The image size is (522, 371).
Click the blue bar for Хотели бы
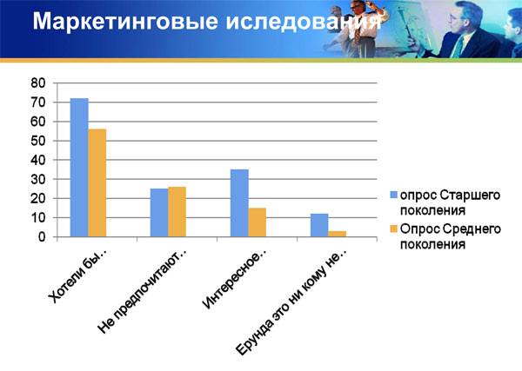tap(79, 168)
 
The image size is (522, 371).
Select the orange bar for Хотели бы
tap(97, 182)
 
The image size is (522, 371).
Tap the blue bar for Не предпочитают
tap(159, 213)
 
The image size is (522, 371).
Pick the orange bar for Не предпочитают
tap(177, 212)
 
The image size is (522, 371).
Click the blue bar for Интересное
tap(239, 203)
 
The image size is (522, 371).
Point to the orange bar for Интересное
tap(258, 222)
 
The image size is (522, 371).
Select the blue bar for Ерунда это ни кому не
tap(319, 225)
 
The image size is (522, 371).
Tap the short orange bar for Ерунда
tap(338, 234)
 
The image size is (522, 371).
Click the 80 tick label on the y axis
tap(38, 83)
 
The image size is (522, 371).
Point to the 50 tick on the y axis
tap(38, 141)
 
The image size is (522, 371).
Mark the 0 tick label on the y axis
tap(42, 237)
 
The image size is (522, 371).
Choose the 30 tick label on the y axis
tap(38, 180)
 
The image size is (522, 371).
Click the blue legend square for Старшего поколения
tap(394, 195)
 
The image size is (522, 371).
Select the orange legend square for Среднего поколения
tap(394, 229)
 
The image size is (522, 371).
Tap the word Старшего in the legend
tap(470, 195)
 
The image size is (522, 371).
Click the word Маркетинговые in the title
tap(125, 21)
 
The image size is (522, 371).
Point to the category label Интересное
tap(235, 280)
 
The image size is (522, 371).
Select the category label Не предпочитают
tap(143, 291)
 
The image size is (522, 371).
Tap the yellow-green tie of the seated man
tap(458, 48)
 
